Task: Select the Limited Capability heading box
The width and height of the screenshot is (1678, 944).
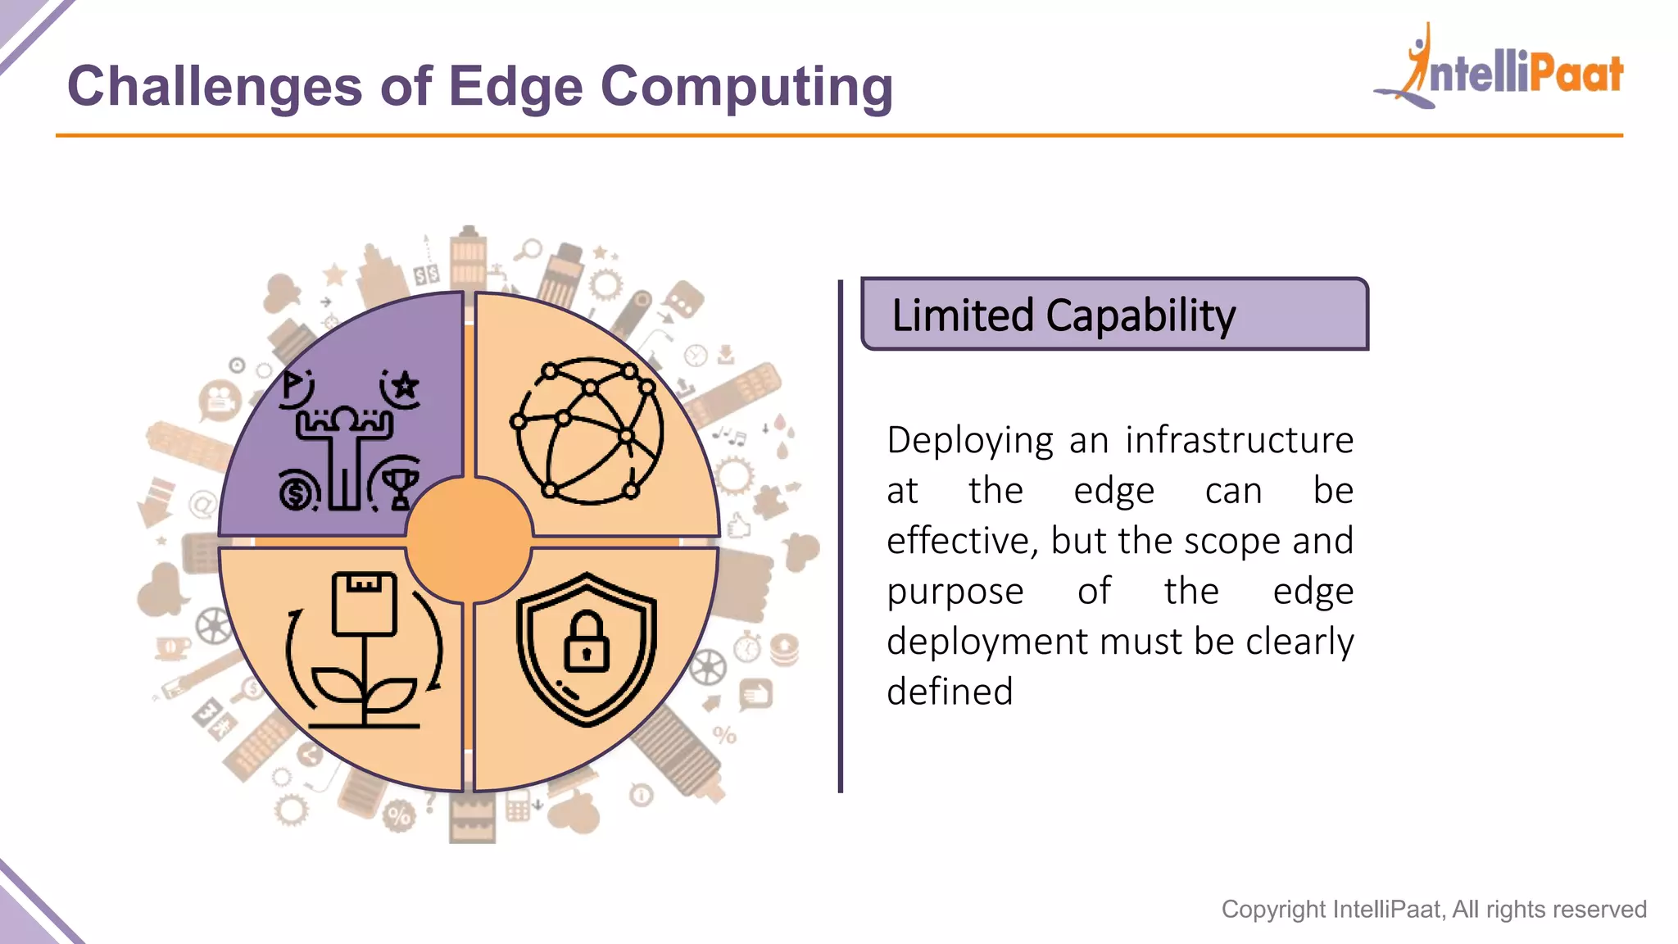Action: coord(1114,315)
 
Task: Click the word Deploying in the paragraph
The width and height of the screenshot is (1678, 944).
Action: coord(970,441)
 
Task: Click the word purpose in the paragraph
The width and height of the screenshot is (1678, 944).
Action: coord(955,592)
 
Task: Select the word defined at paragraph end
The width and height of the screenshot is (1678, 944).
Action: coord(950,692)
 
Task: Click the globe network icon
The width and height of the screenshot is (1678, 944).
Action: coord(588,431)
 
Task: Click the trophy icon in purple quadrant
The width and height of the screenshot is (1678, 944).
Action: coord(399,487)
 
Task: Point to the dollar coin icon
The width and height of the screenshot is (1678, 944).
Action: coord(297,492)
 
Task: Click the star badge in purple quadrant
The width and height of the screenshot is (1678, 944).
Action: coord(403,384)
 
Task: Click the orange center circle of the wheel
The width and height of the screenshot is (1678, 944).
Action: coord(469,541)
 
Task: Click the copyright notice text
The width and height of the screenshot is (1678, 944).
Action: coord(1434,909)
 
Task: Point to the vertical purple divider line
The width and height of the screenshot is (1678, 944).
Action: coord(841,536)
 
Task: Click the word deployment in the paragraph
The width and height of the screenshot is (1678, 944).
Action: coord(987,642)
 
